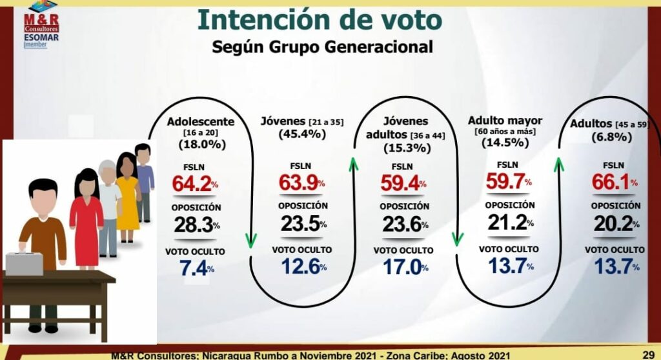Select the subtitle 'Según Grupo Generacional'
[322, 47]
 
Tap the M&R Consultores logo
[41, 15]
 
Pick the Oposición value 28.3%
[197, 225]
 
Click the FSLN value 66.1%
[612, 183]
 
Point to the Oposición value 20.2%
[613, 223]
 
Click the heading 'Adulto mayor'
[505, 121]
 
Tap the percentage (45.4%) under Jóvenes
[303, 134]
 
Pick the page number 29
[648, 354]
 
